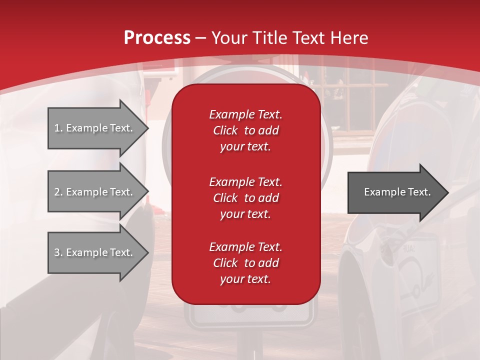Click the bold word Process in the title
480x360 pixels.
coord(157,38)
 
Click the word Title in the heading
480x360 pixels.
coord(271,38)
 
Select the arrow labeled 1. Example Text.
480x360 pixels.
coord(94,128)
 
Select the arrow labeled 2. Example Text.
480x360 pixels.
coord(94,192)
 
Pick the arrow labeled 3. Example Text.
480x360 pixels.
coord(94,252)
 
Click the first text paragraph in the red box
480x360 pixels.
coord(245,130)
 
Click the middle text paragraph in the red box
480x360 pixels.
coord(245,198)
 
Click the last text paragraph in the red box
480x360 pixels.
coord(245,263)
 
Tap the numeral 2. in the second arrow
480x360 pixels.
coord(58,192)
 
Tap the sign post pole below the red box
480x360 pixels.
coord(248,345)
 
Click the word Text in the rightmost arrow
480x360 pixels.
coord(419,192)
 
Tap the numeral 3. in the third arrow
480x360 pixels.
coord(58,252)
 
